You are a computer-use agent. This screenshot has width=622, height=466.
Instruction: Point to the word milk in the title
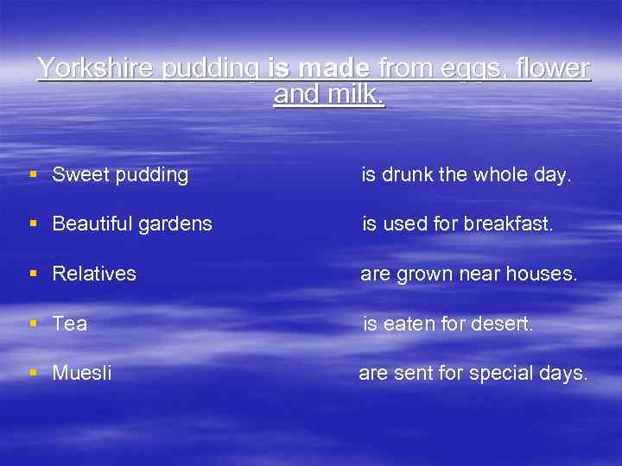pyautogui.click(x=352, y=95)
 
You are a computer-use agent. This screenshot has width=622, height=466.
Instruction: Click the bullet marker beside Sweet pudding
pyautogui.click(x=33, y=175)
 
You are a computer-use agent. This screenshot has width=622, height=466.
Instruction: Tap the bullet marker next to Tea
pyautogui.click(x=33, y=324)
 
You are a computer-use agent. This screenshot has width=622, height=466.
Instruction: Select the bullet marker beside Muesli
pyautogui.click(x=33, y=374)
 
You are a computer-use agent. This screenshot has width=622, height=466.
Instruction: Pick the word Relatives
pyautogui.click(x=94, y=274)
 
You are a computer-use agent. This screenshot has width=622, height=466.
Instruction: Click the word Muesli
pyautogui.click(x=82, y=374)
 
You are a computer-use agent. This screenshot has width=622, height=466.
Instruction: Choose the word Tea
pyautogui.click(x=70, y=324)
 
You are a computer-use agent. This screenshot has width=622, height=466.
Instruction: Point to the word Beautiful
pyautogui.click(x=89, y=224)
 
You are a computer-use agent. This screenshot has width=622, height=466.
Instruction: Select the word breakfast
pyautogui.click(x=508, y=224)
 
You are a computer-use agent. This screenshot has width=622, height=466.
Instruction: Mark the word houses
pyautogui.click(x=541, y=274)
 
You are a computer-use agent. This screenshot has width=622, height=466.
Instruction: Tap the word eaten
pyautogui.click(x=409, y=324)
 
